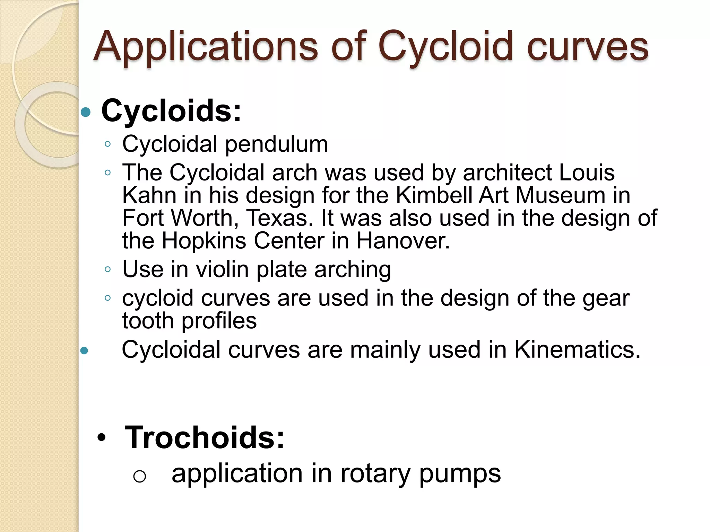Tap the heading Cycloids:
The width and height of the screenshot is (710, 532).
point(171,111)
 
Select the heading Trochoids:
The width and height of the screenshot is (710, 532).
point(205,438)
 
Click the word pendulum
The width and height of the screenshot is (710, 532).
point(276,144)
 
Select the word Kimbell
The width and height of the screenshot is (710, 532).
point(434,195)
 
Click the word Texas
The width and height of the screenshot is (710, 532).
point(277,218)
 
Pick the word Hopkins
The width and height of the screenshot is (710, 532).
point(204,240)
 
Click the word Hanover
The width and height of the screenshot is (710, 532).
point(403,240)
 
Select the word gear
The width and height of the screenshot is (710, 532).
point(606,298)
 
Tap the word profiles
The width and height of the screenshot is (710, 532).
point(219,321)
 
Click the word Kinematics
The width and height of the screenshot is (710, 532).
point(577,350)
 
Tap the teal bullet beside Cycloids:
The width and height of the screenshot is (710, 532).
point(85,112)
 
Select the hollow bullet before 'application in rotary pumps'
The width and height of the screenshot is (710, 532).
point(139,477)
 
